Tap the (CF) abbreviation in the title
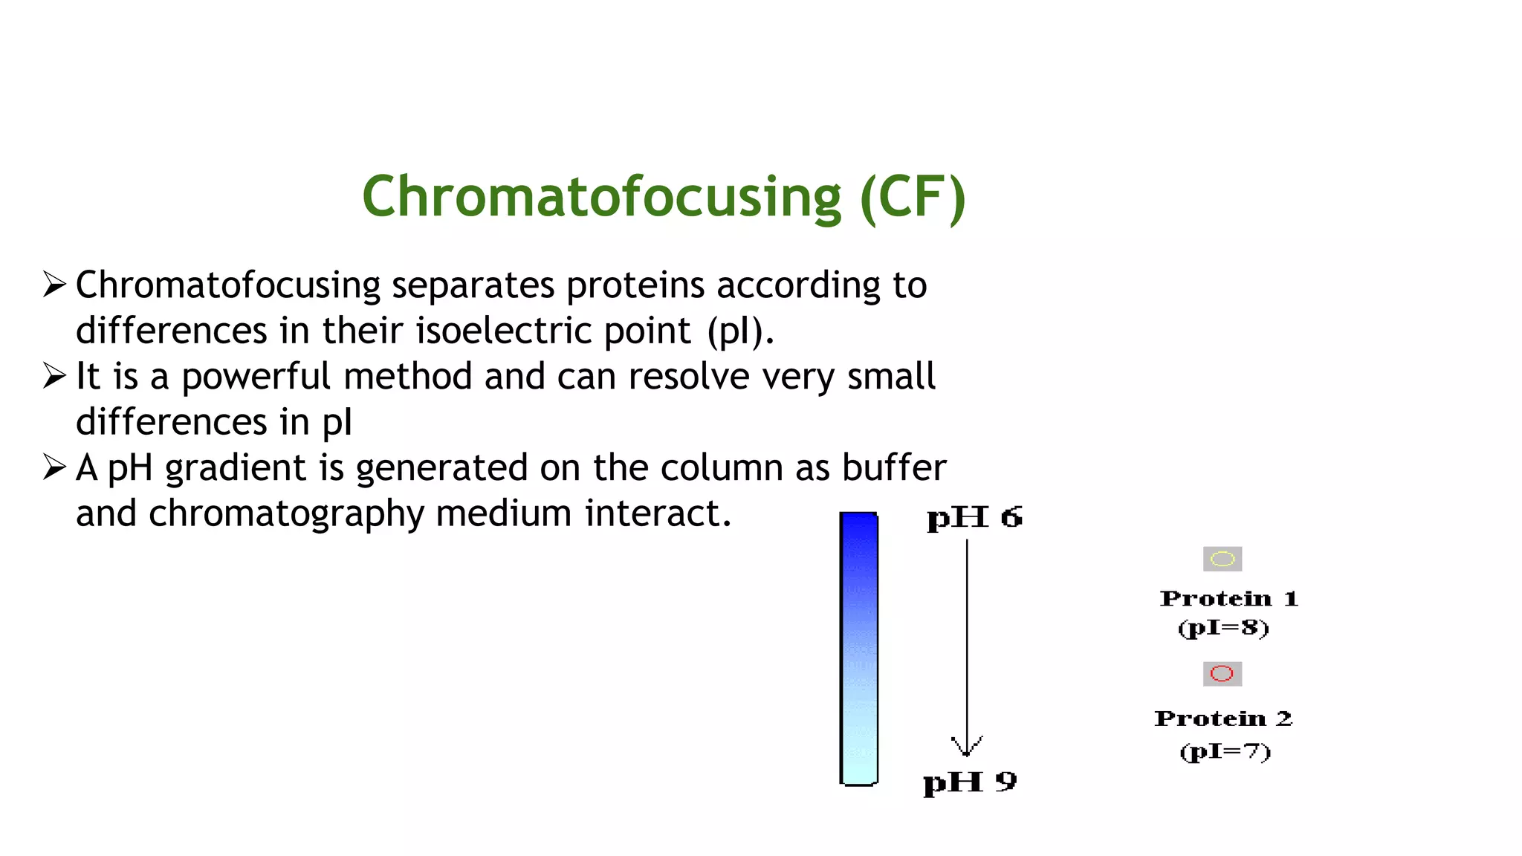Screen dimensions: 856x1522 [x=913, y=197]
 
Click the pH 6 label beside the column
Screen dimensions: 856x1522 [x=974, y=518]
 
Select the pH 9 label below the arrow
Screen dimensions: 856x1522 [x=970, y=782]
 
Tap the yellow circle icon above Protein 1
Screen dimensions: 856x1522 [x=1223, y=559]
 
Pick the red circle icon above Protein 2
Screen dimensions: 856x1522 [x=1222, y=674]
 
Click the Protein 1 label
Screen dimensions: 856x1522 [x=1228, y=599]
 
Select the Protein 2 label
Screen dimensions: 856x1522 [x=1223, y=719]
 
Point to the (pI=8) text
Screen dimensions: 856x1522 [x=1223, y=628]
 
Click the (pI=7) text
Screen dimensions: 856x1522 [x=1225, y=751]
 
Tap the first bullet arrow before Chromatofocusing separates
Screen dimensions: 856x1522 [x=55, y=285]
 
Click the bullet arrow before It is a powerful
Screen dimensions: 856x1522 [x=55, y=376]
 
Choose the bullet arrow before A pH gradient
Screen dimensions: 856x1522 [x=55, y=467]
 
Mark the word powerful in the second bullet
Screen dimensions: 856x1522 [x=255, y=377]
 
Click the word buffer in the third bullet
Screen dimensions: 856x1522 [x=894, y=467]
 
